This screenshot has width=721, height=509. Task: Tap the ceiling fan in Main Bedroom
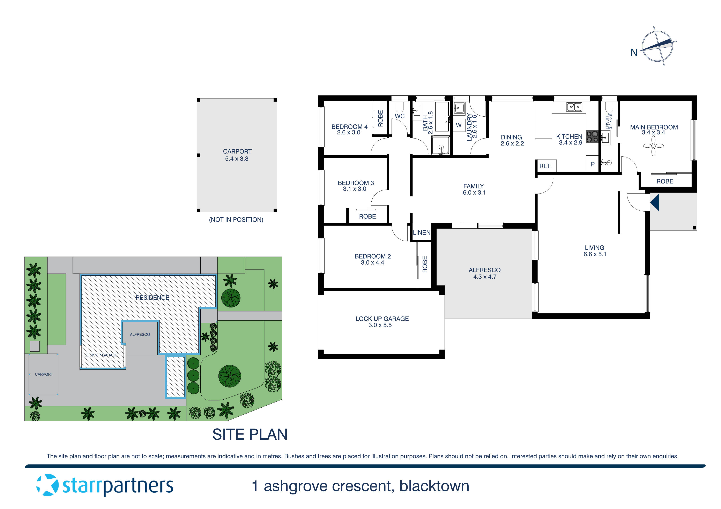click(x=653, y=146)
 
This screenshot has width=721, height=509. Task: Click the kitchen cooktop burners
click(x=592, y=136)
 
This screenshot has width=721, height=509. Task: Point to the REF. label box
click(x=545, y=166)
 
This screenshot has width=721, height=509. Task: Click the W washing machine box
click(x=459, y=125)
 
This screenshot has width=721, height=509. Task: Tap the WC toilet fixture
click(x=399, y=107)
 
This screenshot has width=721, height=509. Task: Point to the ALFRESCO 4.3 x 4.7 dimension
click(x=485, y=277)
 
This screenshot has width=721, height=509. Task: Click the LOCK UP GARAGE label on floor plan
click(x=382, y=319)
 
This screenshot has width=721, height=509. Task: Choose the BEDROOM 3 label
click(x=356, y=183)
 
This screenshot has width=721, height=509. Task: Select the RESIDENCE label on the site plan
click(x=152, y=298)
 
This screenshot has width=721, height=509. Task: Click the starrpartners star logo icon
click(x=47, y=485)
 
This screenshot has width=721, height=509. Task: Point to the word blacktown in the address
click(x=434, y=486)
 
